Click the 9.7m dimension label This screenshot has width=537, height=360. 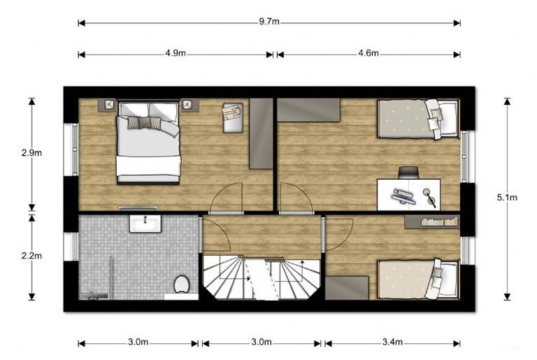269,22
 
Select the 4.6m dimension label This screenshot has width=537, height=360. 368,54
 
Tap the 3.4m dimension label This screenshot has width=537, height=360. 393,343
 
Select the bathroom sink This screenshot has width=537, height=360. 145,223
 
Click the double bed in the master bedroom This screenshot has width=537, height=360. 148,141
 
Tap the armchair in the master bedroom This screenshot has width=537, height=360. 233,117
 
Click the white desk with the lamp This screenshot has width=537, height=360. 408,194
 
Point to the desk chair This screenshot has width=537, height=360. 408,172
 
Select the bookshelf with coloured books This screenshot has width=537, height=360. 431,222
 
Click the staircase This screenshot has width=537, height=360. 262,278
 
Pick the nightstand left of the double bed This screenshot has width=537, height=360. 109,105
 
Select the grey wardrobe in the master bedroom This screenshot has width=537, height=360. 261,133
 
